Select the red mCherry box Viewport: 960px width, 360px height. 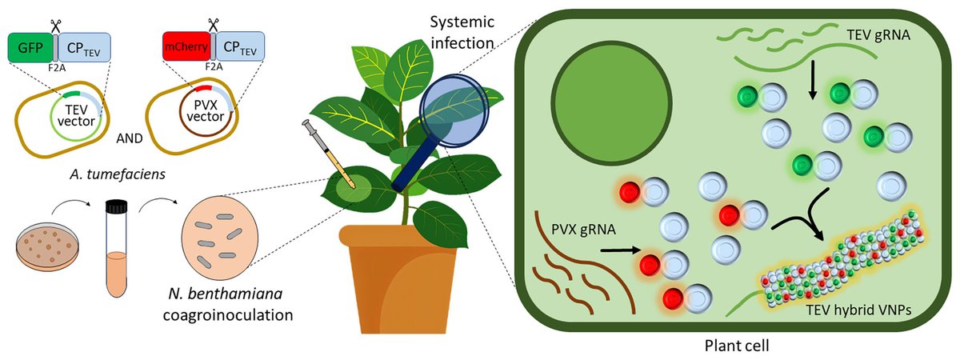coord(186,47)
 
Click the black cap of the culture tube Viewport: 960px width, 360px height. coord(118,207)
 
